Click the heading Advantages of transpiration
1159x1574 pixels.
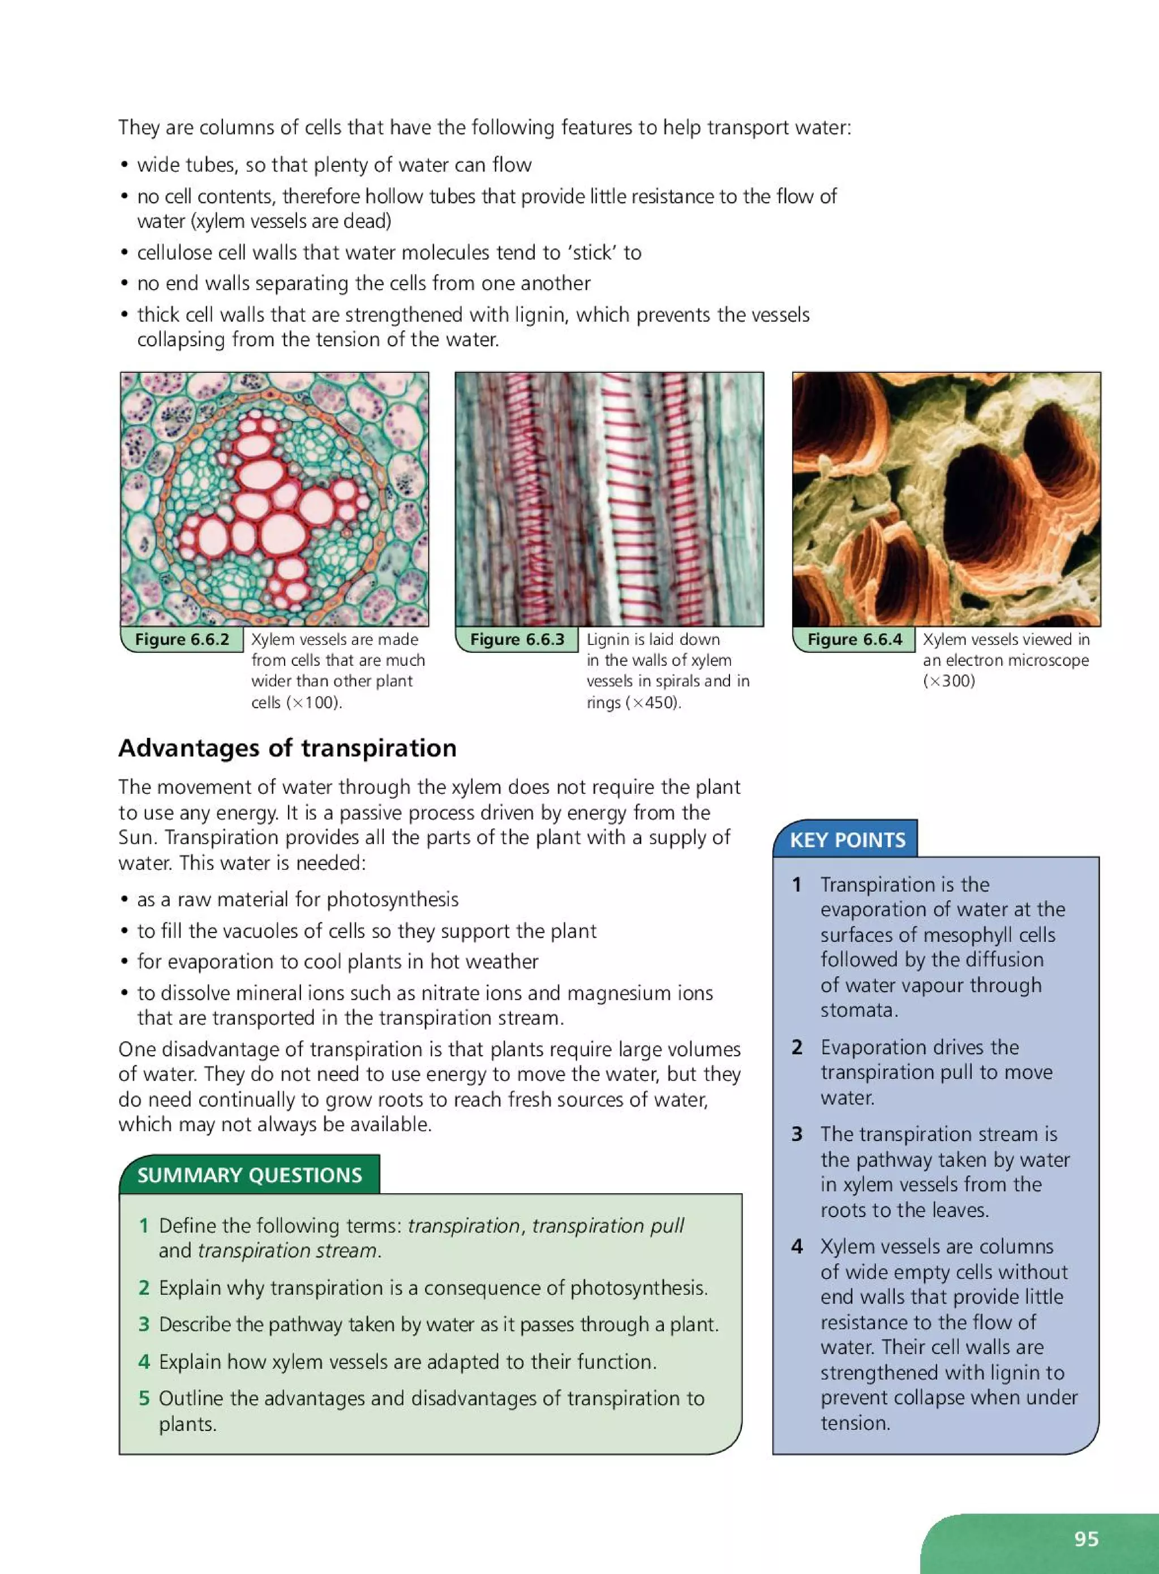[x=287, y=748]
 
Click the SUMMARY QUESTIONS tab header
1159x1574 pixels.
[x=249, y=1175]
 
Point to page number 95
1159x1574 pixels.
[x=1086, y=1538]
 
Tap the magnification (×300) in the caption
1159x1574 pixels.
[x=948, y=681]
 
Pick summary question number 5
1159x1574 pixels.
[x=144, y=1398]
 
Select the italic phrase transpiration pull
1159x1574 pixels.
[x=608, y=1225]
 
